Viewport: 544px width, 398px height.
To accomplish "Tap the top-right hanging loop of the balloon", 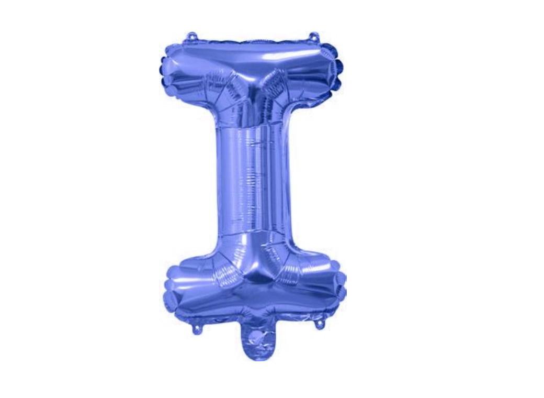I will pos(314,37).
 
